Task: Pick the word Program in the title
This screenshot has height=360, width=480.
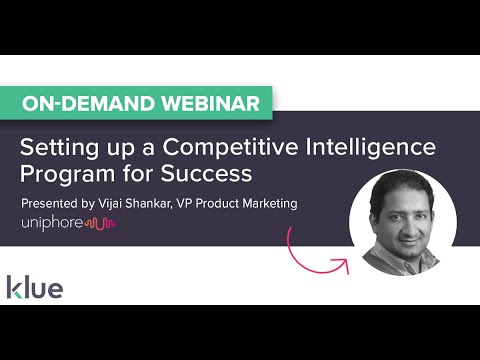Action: (x=64, y=174)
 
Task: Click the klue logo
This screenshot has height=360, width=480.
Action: (x=35, y=289)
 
